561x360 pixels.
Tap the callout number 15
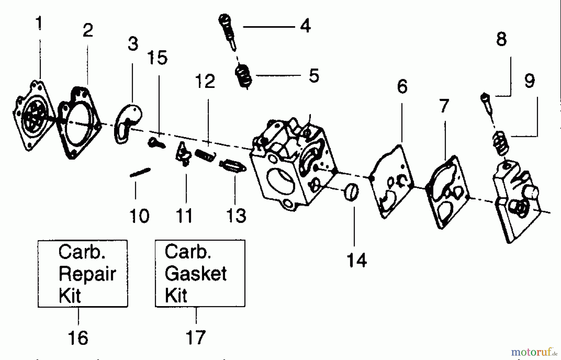point(157,58)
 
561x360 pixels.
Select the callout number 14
point(357,260)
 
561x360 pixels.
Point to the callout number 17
point(196,337)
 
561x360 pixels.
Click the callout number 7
point(444,106)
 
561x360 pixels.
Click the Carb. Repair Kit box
point(83,273)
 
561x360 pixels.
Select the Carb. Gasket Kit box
point(200,273)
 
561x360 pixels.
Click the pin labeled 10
point(140,172)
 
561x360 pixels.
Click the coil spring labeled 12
point(205,155)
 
